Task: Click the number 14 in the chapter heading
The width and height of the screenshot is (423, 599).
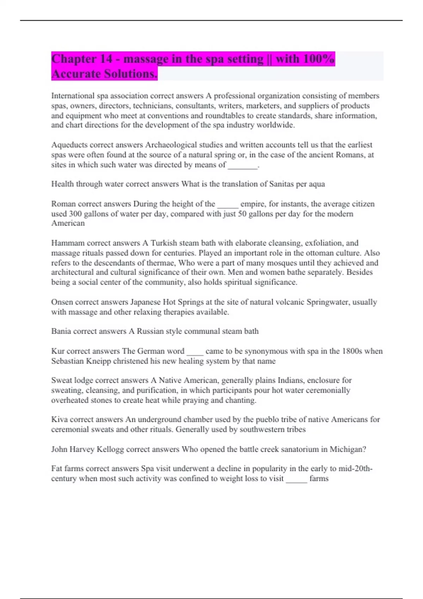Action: click(x=105, y=59)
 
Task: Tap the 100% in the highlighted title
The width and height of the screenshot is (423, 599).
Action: click(x=319, y=59)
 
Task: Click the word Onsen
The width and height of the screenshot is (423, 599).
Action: click(x=62, y=302)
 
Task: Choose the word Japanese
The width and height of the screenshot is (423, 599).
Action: click(x=145, y=302)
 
